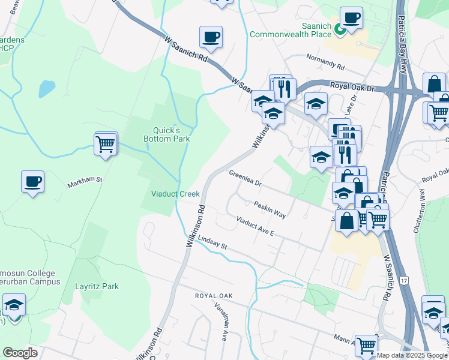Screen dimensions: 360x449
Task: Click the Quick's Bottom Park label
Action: tap(167, 134)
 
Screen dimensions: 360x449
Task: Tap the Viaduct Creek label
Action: tap(175, 194)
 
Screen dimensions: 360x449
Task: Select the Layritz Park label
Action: tap(97, 287)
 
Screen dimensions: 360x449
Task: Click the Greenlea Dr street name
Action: tap(246, 178)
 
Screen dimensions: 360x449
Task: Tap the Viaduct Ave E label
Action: tap(255, 226)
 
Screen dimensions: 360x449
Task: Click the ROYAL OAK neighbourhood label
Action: tap(213, 296)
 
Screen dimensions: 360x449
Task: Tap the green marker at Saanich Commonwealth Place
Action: tap(339, 28)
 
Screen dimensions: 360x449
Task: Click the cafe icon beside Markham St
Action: tap(32, 181)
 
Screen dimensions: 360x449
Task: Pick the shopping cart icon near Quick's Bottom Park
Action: tap(106, 144)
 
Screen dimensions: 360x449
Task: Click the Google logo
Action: tap(20, 353)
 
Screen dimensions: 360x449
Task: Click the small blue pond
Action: tap(47, 88)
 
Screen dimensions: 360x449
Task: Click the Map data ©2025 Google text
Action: tap(412, 355)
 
